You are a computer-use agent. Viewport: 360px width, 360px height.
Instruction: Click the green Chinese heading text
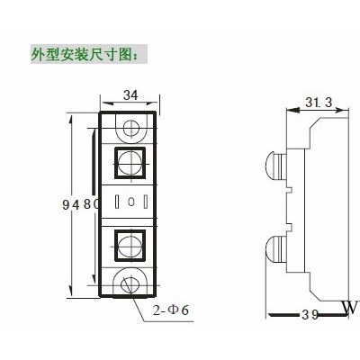tap(85, 54)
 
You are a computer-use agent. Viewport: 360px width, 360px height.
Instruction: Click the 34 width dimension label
tap(130, 95)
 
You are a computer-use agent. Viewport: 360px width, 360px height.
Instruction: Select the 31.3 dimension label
tap(319, 103)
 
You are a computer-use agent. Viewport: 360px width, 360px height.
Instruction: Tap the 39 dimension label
tap(310, 315)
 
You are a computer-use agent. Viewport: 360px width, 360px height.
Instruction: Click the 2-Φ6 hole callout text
tap(171, 310)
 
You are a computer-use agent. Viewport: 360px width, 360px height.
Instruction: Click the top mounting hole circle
tap(131, 128)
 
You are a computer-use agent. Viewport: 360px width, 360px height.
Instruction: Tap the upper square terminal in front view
tap(130, 163)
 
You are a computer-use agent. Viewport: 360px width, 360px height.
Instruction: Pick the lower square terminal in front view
tap(130, 246)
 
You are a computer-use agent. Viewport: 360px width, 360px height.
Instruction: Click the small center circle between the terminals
tap(130, 202)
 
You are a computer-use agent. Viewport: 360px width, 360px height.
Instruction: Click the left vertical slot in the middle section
tap(117, 202)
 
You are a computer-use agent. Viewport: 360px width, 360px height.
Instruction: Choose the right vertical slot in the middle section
tap(146, 202)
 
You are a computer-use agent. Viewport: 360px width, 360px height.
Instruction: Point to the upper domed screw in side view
tap(276, 166)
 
